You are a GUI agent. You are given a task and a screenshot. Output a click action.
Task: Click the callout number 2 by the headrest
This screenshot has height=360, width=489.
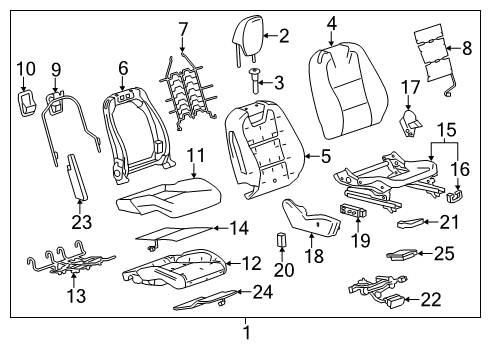point(283,37)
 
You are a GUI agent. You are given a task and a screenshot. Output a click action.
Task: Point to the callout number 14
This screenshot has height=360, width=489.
point(238,229)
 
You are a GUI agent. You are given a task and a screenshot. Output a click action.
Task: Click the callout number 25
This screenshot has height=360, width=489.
point(444,254)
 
